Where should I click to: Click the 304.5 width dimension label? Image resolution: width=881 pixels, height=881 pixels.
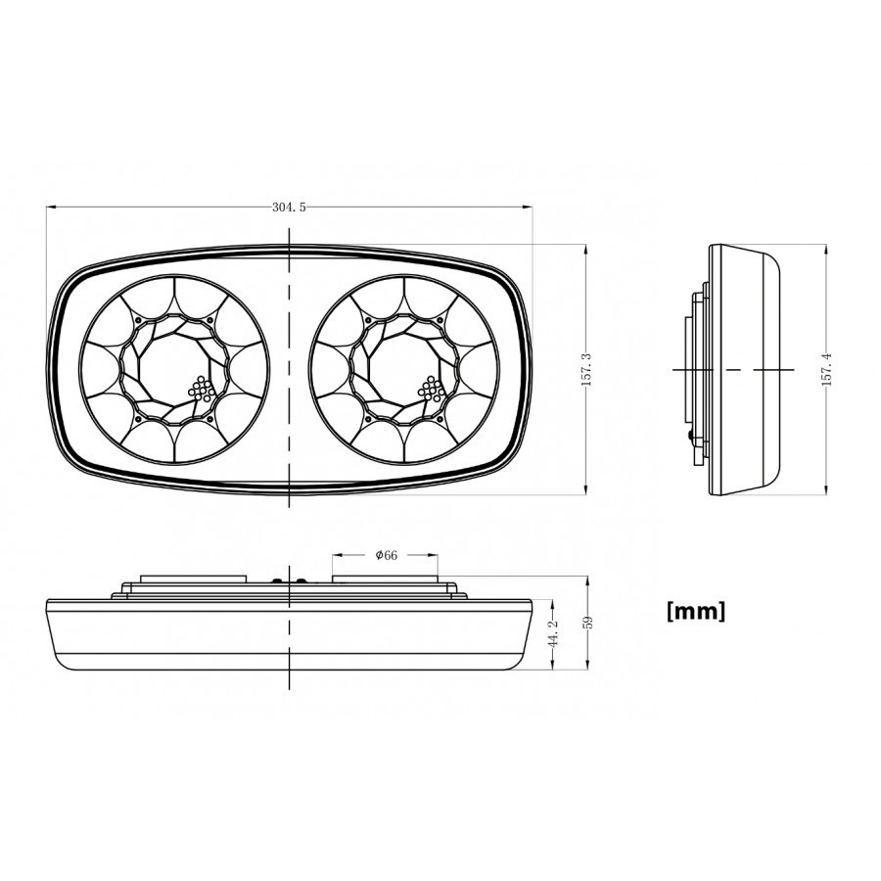coord(289,208)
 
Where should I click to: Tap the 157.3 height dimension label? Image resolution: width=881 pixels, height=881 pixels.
coord(586,369)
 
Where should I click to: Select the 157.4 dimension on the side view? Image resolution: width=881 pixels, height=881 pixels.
coord(826,369)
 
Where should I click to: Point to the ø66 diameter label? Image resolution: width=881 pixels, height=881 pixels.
coord(386,555)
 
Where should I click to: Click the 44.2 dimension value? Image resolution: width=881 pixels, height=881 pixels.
coord(553,633)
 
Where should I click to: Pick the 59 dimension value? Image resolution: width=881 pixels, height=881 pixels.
coord(588,623)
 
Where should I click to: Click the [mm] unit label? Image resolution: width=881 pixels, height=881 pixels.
coord(696,611)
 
